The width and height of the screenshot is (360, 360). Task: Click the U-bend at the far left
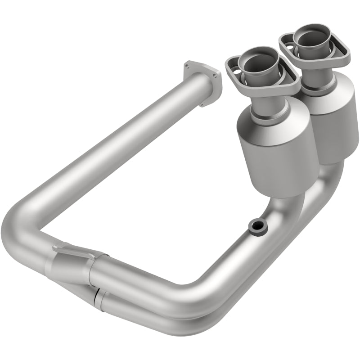pyautogui.click(x=22, y=234)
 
